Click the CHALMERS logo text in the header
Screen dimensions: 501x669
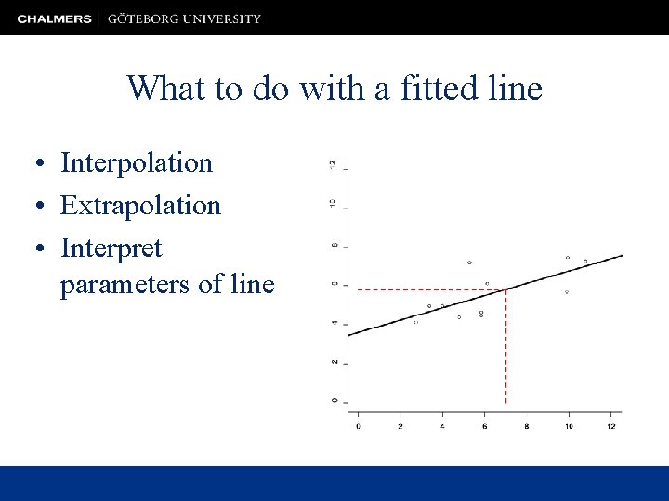coord(54,19)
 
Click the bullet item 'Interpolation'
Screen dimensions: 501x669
coord(137,163)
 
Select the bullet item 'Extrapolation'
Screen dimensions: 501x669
coord(140,205)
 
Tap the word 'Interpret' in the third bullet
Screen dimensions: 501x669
coord(111,248)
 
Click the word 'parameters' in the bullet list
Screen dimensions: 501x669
coord(125,284)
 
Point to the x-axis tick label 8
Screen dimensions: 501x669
coord(526,426)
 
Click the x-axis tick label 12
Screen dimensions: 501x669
coord(610,426)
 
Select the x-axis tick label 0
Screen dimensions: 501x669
coord(359,426)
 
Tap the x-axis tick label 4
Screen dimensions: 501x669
coord(442,426)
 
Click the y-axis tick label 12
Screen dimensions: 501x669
coord(334,165)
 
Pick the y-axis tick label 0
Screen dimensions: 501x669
coord(334,401)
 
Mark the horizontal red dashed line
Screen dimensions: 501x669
coord(427,289)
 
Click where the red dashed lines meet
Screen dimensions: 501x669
coord(505,289)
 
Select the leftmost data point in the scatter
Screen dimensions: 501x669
coord(415,322)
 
